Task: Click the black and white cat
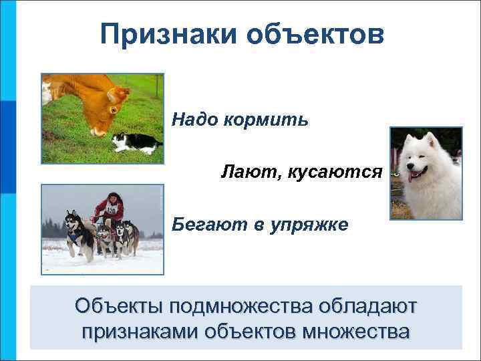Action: (133, 142)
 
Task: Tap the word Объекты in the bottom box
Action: (120, 306)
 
